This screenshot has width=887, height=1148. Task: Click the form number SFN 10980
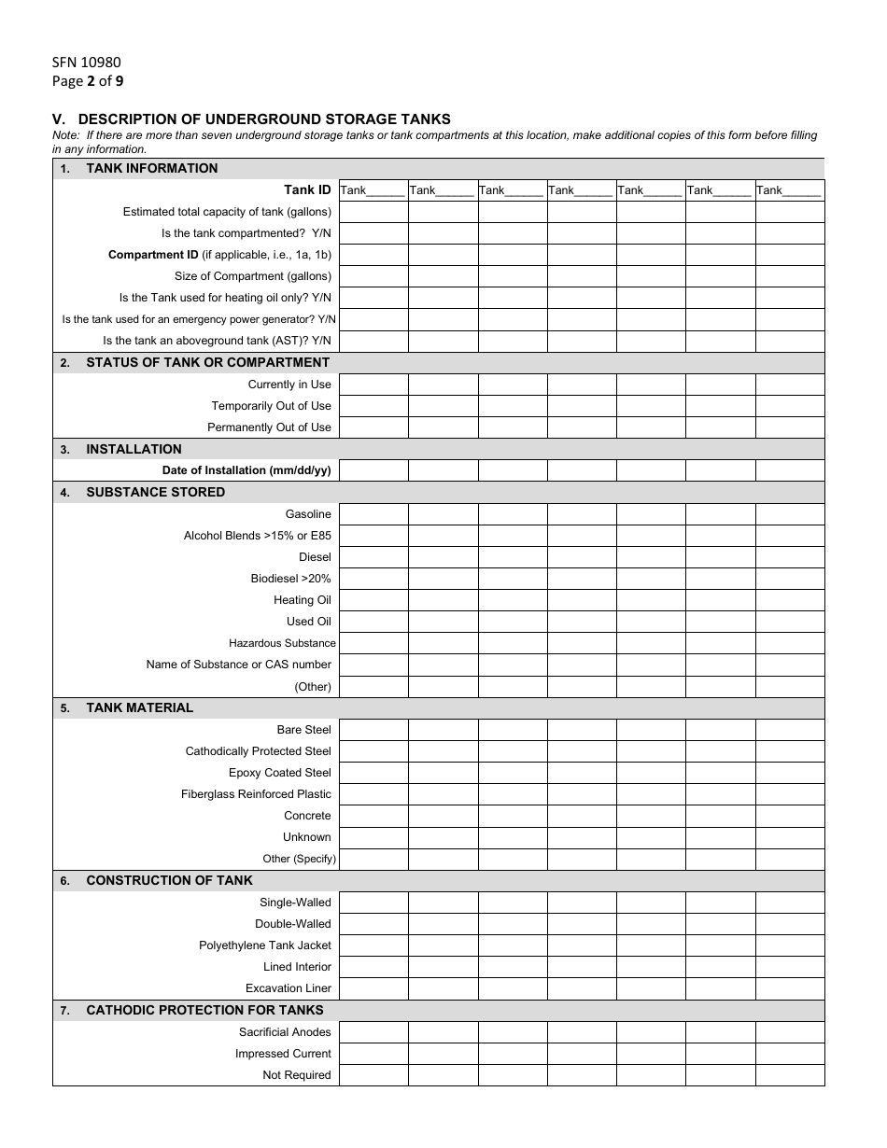tap(86, 63)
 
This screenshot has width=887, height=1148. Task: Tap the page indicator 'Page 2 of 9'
tap(88, 80)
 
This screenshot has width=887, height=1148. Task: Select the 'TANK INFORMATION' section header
tap(151, 168)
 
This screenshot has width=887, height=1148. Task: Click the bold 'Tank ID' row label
tap(307, 189)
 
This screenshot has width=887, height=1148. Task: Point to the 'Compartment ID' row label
tap(219, 254)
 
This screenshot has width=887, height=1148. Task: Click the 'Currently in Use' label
tap(289, 384)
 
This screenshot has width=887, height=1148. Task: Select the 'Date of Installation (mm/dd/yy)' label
tap(246, 470)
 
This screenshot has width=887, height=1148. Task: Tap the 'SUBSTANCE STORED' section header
tap(155, 492)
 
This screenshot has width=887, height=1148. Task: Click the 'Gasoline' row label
tap(308, 513)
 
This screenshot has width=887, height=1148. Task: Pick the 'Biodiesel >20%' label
tap(290, 578)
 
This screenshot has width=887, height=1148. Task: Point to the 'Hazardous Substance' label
tap(282, 643)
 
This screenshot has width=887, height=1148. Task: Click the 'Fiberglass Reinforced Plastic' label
tap(256, 793)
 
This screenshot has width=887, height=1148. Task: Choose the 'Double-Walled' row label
tap(293, 923)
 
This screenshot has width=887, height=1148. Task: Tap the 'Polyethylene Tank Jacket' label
tap(265, 945)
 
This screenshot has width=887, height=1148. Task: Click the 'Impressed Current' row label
tap(283, 1053)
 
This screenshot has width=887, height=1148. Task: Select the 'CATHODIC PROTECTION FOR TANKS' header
tap(204, 1010)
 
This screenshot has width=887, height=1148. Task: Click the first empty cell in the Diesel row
tap(373, 557)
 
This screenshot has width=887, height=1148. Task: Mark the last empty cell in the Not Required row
tap(789, 1075)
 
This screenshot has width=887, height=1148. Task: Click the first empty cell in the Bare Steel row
tap(373, 729)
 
